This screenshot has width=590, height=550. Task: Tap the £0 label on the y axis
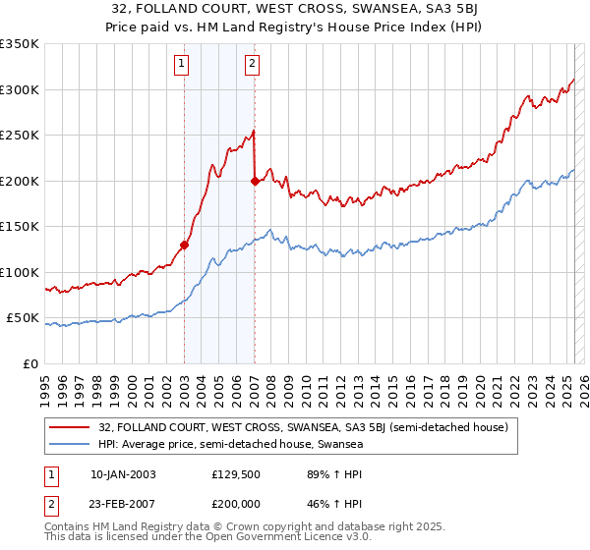point(30,363)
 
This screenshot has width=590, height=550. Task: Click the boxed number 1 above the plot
point(183,65)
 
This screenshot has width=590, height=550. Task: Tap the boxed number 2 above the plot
point(253,65)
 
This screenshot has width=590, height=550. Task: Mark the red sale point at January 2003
point(185,246)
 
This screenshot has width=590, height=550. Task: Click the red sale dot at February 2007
point(256,181)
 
